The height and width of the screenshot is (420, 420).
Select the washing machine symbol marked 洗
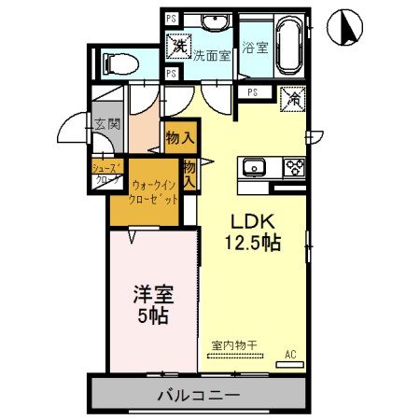177,45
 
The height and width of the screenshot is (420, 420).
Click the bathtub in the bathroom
285,42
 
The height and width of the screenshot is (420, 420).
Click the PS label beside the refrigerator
253,91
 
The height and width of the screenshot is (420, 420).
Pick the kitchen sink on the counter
255,168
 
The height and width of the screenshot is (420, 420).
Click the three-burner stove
294,168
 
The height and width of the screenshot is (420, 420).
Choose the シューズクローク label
105,175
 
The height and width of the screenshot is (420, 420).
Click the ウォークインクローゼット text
154,193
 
